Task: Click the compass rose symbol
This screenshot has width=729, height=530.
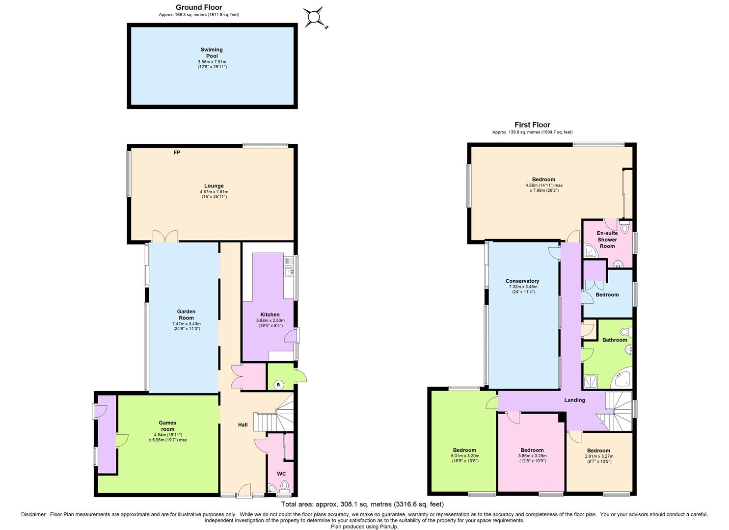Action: pyautogui.click(x=313, y=18)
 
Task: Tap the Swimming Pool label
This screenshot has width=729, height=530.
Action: pyautogui.click(x=212, y=53)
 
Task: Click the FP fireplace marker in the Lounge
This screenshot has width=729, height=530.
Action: pyautogui.click(x=177, y=153)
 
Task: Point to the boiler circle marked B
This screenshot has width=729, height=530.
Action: pyautogui.click(x=278, y=385)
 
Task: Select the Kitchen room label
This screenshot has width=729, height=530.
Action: pyautogui.click(x=270, y=315)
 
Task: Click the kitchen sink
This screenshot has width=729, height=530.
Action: pyautogui.click(x=288, y=268)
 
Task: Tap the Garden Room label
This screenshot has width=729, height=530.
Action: pyautogui.click(x=186, y=314)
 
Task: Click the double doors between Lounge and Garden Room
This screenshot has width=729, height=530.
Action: pyautogui.click(x=165, y=237)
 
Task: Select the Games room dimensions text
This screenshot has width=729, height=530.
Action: pyautogui.click(x=167, y=437)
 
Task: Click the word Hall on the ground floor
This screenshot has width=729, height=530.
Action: pyautogui.click(x=243, y=425)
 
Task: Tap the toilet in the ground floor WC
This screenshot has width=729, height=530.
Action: pyautogui.click(x=284, y=486)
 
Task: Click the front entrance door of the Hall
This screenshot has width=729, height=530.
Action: pyautogui.click(x=243, y=492)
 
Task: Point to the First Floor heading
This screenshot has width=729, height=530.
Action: pyautogui.click(x=532, y=125)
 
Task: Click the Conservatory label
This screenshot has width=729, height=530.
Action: pyautogui.click(x=522, y=281)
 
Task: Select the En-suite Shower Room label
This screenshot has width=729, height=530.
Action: pyautogui.click(x=607, y=239)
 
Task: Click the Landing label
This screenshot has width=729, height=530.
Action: pyautogui.click(x=574, y=400)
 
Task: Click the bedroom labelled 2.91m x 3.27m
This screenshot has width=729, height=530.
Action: pyautogui.click(x=598, y=453)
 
